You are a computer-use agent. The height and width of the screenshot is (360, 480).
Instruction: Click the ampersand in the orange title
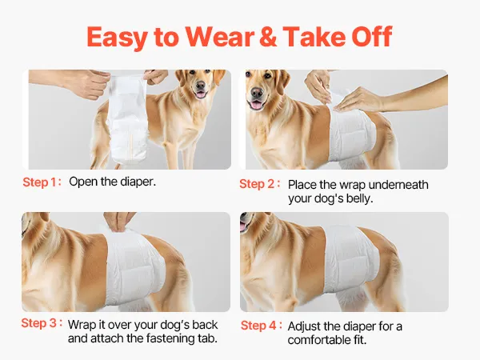[268, 37]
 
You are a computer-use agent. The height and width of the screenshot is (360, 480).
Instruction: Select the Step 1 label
[42, 182]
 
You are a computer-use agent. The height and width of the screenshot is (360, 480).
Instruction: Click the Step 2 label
[259, 184]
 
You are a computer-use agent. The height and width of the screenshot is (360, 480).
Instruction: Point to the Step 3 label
[42, 323]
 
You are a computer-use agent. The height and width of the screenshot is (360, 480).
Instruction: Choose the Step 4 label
[261, 326]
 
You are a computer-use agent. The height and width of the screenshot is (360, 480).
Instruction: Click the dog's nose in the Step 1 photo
[201, 85]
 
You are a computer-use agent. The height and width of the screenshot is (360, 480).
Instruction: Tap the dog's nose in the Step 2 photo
[256, 92]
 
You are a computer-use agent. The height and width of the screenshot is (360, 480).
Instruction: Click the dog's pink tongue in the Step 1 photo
[201, 94]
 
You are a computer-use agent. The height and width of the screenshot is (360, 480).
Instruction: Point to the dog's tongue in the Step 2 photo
[256, 106]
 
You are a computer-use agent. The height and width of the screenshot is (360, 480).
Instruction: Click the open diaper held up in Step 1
[128, 119]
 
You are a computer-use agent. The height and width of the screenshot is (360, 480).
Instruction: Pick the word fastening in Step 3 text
[170, 338]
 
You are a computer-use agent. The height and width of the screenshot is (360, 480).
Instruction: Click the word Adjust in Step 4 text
[304, 326]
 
